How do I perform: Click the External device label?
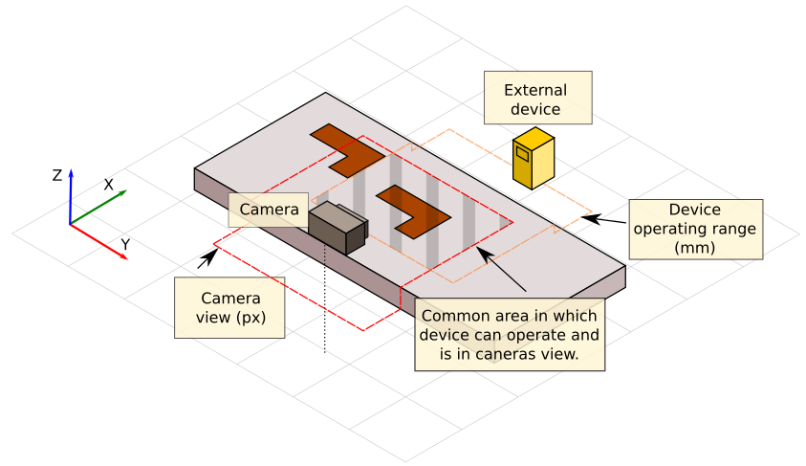536,100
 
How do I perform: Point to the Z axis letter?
57,175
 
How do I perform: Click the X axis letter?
108,184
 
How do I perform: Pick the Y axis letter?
125,245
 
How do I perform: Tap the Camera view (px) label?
229,307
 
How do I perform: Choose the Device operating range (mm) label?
695,229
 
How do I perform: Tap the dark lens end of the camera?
356,236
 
